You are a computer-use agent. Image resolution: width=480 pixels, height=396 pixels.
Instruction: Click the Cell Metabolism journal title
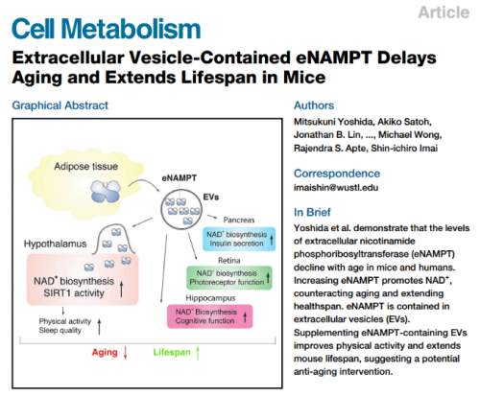point(107,29)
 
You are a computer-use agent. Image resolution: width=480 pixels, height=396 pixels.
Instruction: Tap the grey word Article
point(444,12)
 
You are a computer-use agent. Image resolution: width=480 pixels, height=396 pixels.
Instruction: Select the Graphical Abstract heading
point(60,105)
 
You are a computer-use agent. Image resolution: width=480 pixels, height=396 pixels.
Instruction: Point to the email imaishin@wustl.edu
point(336,187)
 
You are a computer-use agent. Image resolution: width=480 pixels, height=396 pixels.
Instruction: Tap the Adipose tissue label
point(85,167)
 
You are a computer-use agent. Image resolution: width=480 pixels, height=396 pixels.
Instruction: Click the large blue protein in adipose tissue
point(106,191)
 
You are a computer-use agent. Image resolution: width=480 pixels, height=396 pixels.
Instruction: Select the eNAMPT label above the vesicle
point(180,178)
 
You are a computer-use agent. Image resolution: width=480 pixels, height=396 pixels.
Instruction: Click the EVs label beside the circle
point(211,198)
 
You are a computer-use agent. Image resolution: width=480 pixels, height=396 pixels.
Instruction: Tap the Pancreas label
point(239,220)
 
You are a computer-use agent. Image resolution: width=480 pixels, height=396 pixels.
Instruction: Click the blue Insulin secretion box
point(239,239)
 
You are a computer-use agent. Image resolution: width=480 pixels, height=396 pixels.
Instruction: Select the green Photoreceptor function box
point(229,278)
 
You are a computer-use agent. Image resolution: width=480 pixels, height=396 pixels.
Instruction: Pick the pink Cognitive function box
point(210,316)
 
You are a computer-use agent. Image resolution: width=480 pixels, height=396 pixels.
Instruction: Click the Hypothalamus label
point(55,245)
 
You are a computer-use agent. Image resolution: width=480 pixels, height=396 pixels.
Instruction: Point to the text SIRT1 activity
point(74,293)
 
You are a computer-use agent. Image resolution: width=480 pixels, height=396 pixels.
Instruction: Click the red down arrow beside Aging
point(126,353)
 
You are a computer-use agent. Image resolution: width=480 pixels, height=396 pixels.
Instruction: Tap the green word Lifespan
point(172,352)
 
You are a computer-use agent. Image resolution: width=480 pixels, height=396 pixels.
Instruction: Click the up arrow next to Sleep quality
point(99,326)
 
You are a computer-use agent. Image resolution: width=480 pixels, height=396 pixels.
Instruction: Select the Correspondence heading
point(337,174)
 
